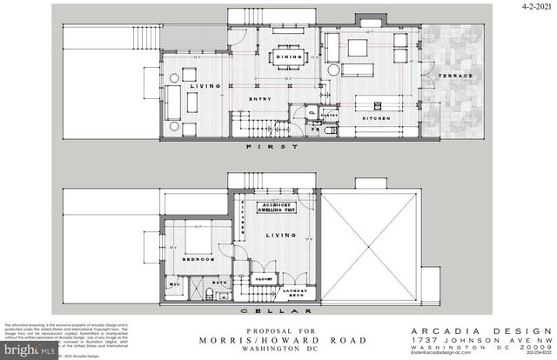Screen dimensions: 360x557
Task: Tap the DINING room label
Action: point(288,57)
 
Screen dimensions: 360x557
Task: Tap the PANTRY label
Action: point(330,114)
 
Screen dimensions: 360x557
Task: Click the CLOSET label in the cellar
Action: point(265,281)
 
